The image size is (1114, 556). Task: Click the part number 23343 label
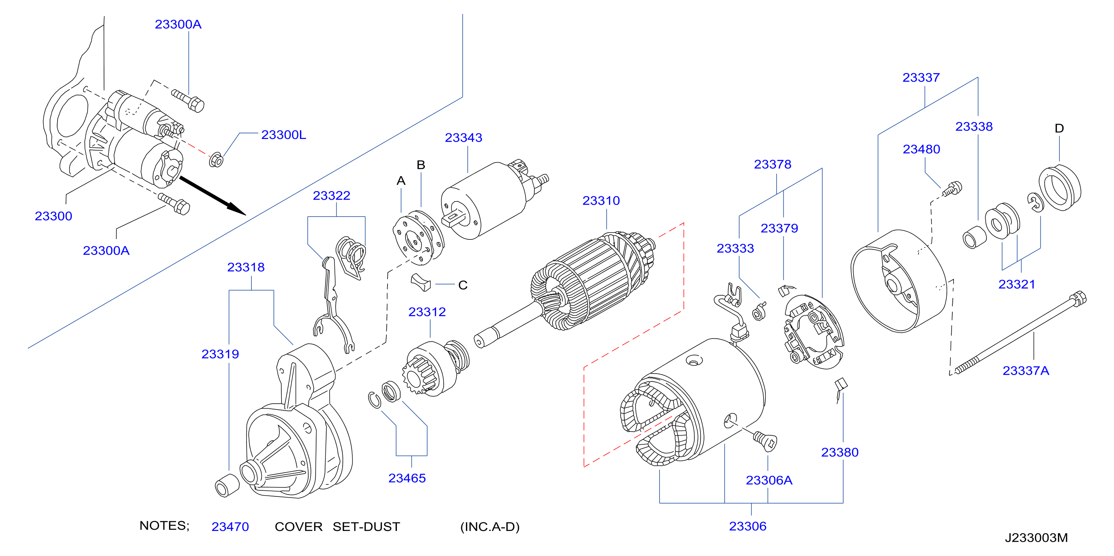[x=463, y=138]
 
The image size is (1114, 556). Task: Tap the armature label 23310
[x=601, y=201]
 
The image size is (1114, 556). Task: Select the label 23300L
[x=283, y=135]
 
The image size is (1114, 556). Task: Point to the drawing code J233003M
[x=1036, y=538]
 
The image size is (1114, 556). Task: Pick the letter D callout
[x=1059, y=128]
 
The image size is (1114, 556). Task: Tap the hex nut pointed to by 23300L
[x=216, y=161]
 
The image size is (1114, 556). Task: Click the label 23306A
[x=769, y=480]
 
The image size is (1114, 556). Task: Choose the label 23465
[x=407, y=478]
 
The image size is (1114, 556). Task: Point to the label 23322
[x=331, y=196]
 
